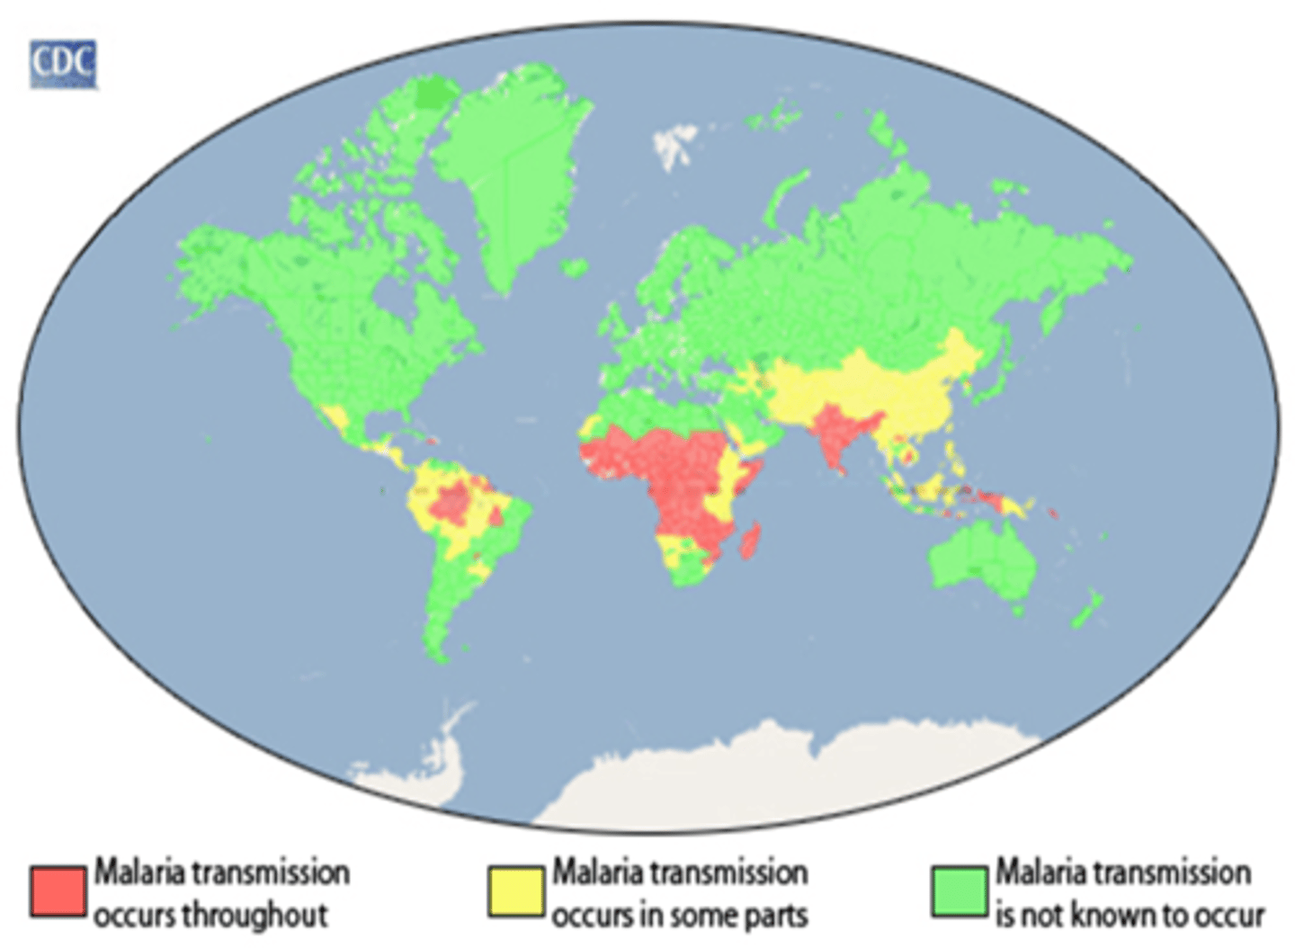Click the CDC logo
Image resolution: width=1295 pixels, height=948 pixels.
(x=63, y=64)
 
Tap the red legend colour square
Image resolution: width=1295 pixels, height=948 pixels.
(x=58, y=891)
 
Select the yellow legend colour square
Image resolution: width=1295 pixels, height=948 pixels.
(x=515, y=891)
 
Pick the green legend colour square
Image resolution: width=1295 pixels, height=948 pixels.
(x=960, y=891)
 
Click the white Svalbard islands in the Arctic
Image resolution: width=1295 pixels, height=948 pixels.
(x=674, y=144)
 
